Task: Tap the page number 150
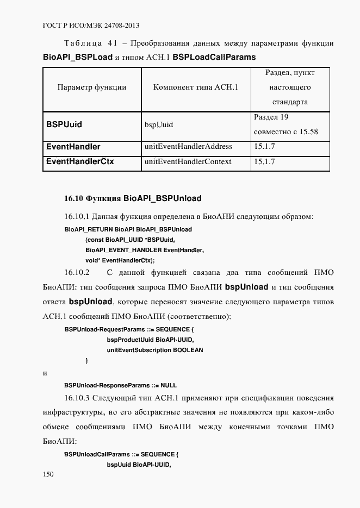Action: pos(48,474)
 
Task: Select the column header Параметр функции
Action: pos(91,87)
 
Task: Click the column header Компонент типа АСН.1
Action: pos(195,87)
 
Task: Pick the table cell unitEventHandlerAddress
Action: pos(188,147)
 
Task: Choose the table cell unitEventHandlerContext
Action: pos(188,161)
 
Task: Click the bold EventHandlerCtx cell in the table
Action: pos(80,161)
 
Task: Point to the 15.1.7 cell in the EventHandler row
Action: pos(264,147)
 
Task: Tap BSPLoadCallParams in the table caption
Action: pos(214,57)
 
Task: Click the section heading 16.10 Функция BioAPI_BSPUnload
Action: pos(133,198)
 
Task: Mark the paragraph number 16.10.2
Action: pos(77,272)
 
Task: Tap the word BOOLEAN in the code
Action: pos(188,350)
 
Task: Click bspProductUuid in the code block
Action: pos(130,340)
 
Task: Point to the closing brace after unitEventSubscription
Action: pos(86,360)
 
